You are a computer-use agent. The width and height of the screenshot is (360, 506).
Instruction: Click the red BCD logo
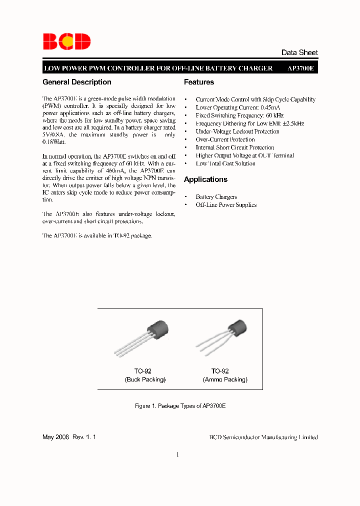pos(66,41)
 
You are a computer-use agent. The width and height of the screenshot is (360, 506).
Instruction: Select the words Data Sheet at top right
pos(299,52)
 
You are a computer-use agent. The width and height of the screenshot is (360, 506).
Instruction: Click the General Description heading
pos(77,82)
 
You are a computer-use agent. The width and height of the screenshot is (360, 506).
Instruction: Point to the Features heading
pos(199,82)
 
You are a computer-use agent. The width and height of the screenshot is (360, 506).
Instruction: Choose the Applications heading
pos(205,179)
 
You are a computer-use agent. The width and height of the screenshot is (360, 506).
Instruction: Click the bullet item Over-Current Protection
pos(225,139)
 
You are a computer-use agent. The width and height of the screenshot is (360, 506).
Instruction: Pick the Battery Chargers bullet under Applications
pos(216,197)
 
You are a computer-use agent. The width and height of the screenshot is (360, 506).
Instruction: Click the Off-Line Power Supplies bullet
pos(226,205)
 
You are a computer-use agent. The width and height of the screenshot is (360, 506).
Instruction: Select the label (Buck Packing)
pos(145,379)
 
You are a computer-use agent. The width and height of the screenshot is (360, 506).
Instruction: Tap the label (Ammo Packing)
pos(225,379)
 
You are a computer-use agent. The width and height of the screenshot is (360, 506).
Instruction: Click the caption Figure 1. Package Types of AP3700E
pos(180,406)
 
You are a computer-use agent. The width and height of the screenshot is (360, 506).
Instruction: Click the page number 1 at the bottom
pos(177,454)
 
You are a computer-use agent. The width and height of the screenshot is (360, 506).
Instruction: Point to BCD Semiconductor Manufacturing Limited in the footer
pos(263,437)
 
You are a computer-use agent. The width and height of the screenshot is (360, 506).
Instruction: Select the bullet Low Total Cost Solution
pos(225,163)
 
